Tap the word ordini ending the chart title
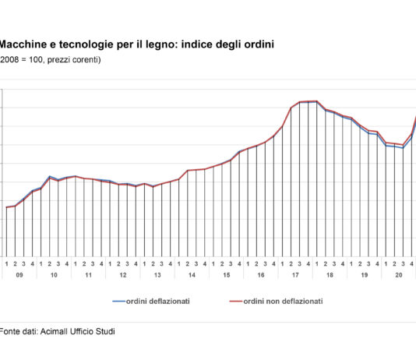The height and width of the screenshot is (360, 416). [x=258, y=45]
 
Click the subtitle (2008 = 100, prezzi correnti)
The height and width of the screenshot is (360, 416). [x=50, y=59]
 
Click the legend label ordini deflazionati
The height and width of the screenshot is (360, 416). [x=160, y=301]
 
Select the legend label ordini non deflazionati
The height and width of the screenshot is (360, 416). [x=282, y=301]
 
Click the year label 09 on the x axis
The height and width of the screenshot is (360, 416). [x=19, y=275]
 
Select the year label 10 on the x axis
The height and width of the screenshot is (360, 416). [x=54, y=275]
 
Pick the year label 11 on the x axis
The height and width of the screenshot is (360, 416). [x=88, y=275]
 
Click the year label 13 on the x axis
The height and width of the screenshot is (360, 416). [x=157, y=275]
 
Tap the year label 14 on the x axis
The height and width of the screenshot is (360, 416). [x=191, y=275]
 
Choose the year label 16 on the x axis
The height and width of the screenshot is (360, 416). [x=260, y=275]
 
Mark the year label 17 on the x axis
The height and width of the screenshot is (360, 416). [x=294, y=275]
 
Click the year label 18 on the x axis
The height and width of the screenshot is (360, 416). [x=329, y=275]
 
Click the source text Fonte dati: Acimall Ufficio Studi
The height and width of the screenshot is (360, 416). [x=57, y=332]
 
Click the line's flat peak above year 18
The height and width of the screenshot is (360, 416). [x=308, y=101]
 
